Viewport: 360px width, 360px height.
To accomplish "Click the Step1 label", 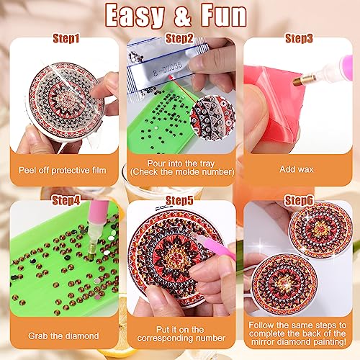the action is tap(66, 38).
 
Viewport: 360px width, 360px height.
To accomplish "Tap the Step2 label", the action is tap(179, 38).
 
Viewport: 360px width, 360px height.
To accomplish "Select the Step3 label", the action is tap(299, 38).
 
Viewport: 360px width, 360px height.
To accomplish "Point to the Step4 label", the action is tap(66, 200).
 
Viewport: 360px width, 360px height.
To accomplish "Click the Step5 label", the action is tap(179, 200).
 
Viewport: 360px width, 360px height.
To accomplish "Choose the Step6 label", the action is tap(299, 200).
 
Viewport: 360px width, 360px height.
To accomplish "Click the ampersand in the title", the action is tap(183, 17).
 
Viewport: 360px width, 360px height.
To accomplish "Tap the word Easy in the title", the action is tap(135, 17).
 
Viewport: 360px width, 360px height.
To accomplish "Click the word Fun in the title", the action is tap(224, 15).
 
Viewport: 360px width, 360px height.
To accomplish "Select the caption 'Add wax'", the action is tap(297, 169).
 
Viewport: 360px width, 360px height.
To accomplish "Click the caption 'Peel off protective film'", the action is tap(63, 171).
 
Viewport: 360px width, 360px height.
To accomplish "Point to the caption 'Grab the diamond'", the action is tap(63, 336).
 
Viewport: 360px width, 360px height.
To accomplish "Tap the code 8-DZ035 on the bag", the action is tap(168, 68).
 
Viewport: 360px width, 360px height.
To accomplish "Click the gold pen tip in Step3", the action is tap(305, 81).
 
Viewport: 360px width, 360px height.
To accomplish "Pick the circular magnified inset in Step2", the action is tap(212, 117).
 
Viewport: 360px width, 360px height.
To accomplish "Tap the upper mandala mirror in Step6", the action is tap(320, 230).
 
